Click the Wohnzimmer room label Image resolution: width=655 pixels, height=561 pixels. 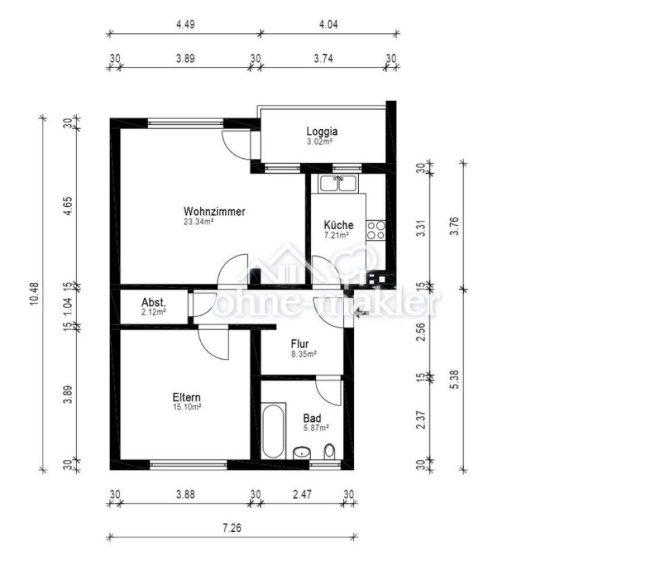pyautogui.click(x=214, y=212)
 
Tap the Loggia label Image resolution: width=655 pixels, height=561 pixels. pyautogui.click(x=322, y=132)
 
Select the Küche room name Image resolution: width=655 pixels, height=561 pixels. pyautogui.click(x=339, y=224)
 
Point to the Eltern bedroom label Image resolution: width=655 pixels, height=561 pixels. pyautogui.click(x=187, y=397)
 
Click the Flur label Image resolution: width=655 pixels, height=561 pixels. pyautogui.click(x=300, y=344)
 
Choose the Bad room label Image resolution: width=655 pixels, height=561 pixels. pyautogui.click(x=312, y=418)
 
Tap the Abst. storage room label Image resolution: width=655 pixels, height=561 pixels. pyautogui.click(x=153, y=302)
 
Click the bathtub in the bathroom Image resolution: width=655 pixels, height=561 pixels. pyautogui.click(x=274, y=431)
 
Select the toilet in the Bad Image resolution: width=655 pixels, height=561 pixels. pyautogui.click(x=330, y=451)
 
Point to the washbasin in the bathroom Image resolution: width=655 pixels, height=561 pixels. pyautogui.click(x=301, y=453)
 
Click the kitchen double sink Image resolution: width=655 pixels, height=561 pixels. pyautogui.click(x=338, y=183)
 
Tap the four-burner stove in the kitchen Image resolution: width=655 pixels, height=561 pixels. pyautogui.click(x=376, y=230)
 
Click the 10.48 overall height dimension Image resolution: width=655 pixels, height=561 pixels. pyautogui.click(x=34, y=293)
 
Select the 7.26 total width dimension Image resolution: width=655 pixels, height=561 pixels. pyautogui.click(x=232, y=528)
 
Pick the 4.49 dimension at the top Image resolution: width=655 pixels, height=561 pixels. pyautogui.click(x=185, y=24)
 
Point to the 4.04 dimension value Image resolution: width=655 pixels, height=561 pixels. pyautogui.click(x=329, y=24)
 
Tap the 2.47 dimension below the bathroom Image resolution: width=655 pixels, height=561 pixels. pyautogui.click(x=302, y=495)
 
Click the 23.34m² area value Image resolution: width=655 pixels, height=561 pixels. pyautogui.click(x=199, y=222)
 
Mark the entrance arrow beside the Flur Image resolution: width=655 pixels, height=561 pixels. pyautogui.click(x=361, y=312)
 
